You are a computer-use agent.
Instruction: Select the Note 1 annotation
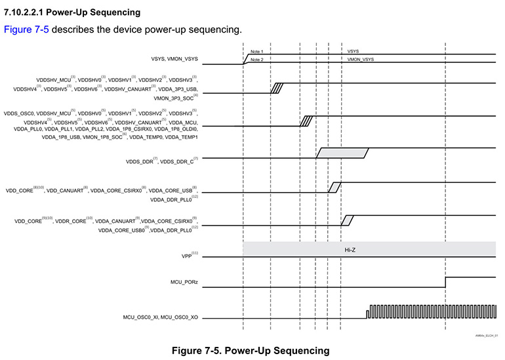coord(256,51)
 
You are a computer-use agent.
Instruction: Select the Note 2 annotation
coord(256,60)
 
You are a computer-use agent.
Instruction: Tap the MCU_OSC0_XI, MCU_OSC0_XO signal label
coord(161,317)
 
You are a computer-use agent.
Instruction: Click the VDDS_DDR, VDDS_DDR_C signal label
coord(162,160)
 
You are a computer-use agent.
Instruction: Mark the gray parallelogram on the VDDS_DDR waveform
coord(342,153)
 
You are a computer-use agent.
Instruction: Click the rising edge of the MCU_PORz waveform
coord(446,281)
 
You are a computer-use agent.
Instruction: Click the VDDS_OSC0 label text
coord(18,113)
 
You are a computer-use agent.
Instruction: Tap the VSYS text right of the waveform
coord(353,51)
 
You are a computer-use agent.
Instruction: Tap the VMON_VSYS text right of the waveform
coord(360,60)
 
